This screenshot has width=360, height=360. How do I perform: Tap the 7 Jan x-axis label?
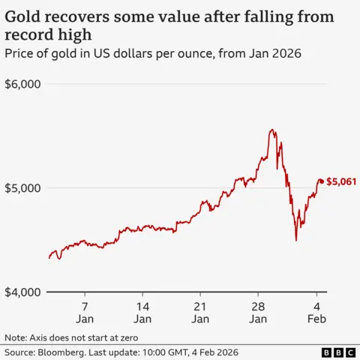(x=85, y=313)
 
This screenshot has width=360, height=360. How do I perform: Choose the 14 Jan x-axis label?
(x=142, y=313)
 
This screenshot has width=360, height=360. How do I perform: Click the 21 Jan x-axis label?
(x=200, y=313)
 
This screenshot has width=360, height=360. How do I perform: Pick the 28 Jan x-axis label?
(x=258, y=313)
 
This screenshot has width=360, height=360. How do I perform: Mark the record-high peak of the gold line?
(x=271, y=130)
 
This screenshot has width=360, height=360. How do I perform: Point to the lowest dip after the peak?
(x=295, y=240)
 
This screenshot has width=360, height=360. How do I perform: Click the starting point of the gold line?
(x=49, y=258)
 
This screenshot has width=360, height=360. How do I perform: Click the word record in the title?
(x=28, y=35)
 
